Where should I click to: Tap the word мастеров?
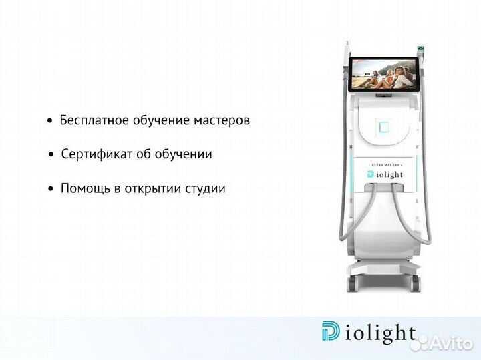[222, 121]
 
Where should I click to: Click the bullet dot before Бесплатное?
[49, 122]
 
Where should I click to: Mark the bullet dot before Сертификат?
[51, 155]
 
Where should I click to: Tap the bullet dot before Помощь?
[51, 189]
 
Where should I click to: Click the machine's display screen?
[382, 73]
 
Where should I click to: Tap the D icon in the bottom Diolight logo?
[330, 332]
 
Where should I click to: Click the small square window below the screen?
[383, 126]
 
